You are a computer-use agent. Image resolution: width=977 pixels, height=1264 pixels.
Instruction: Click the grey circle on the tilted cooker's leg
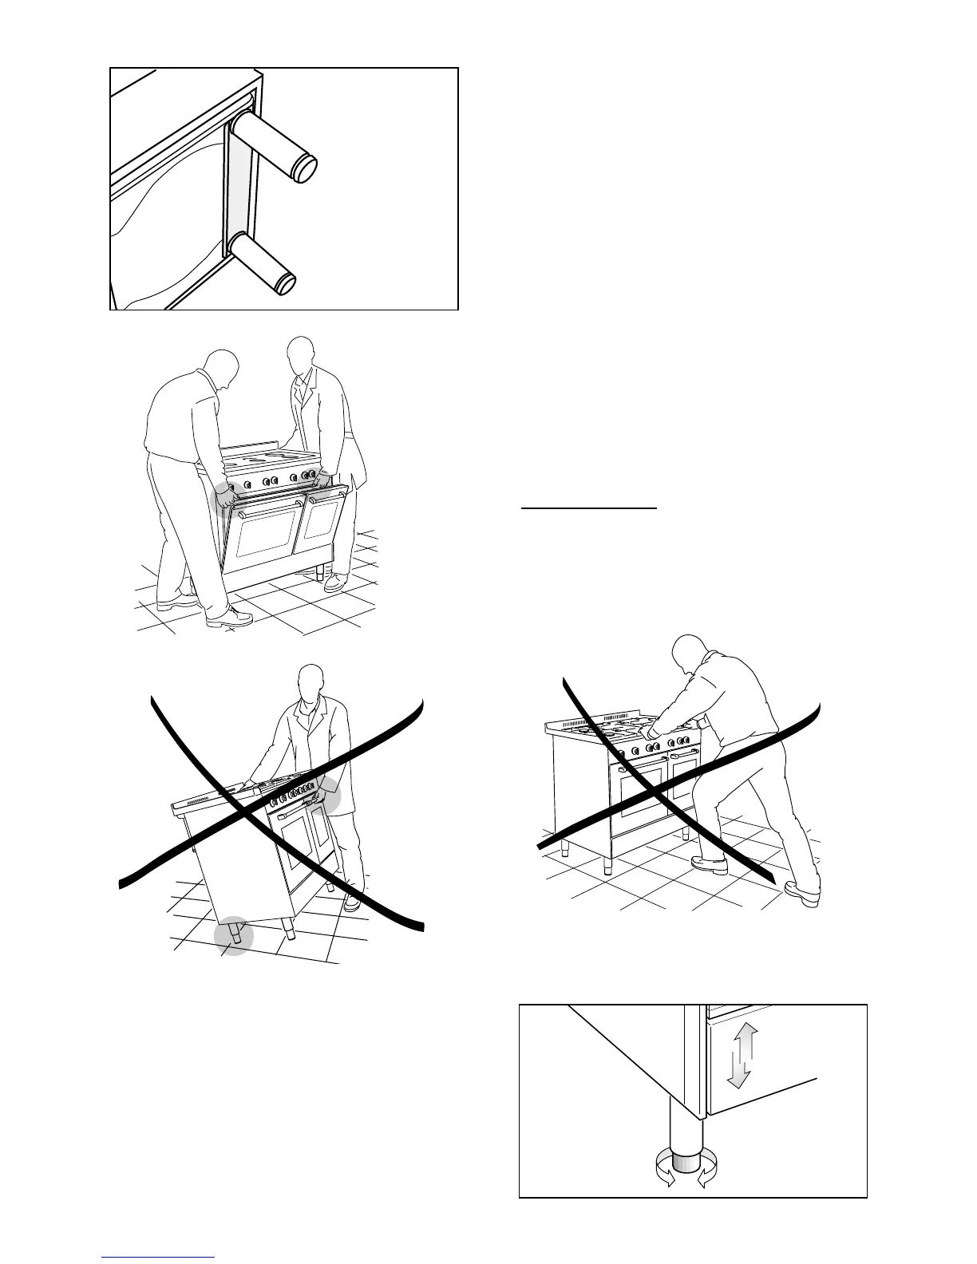coord(234,935)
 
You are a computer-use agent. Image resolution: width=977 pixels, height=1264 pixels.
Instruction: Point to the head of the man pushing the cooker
coord(689,656)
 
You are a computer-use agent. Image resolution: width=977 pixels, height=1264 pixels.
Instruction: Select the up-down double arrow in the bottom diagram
coord(740,1057)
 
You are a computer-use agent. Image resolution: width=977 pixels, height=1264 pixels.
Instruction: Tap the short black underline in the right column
coord(588,507)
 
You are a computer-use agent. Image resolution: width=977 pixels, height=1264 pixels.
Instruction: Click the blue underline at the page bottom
coord(158,1257)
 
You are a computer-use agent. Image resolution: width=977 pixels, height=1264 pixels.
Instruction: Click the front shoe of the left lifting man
coord(229,617)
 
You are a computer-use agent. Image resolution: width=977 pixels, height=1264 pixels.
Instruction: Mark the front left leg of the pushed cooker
coord(564,846)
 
